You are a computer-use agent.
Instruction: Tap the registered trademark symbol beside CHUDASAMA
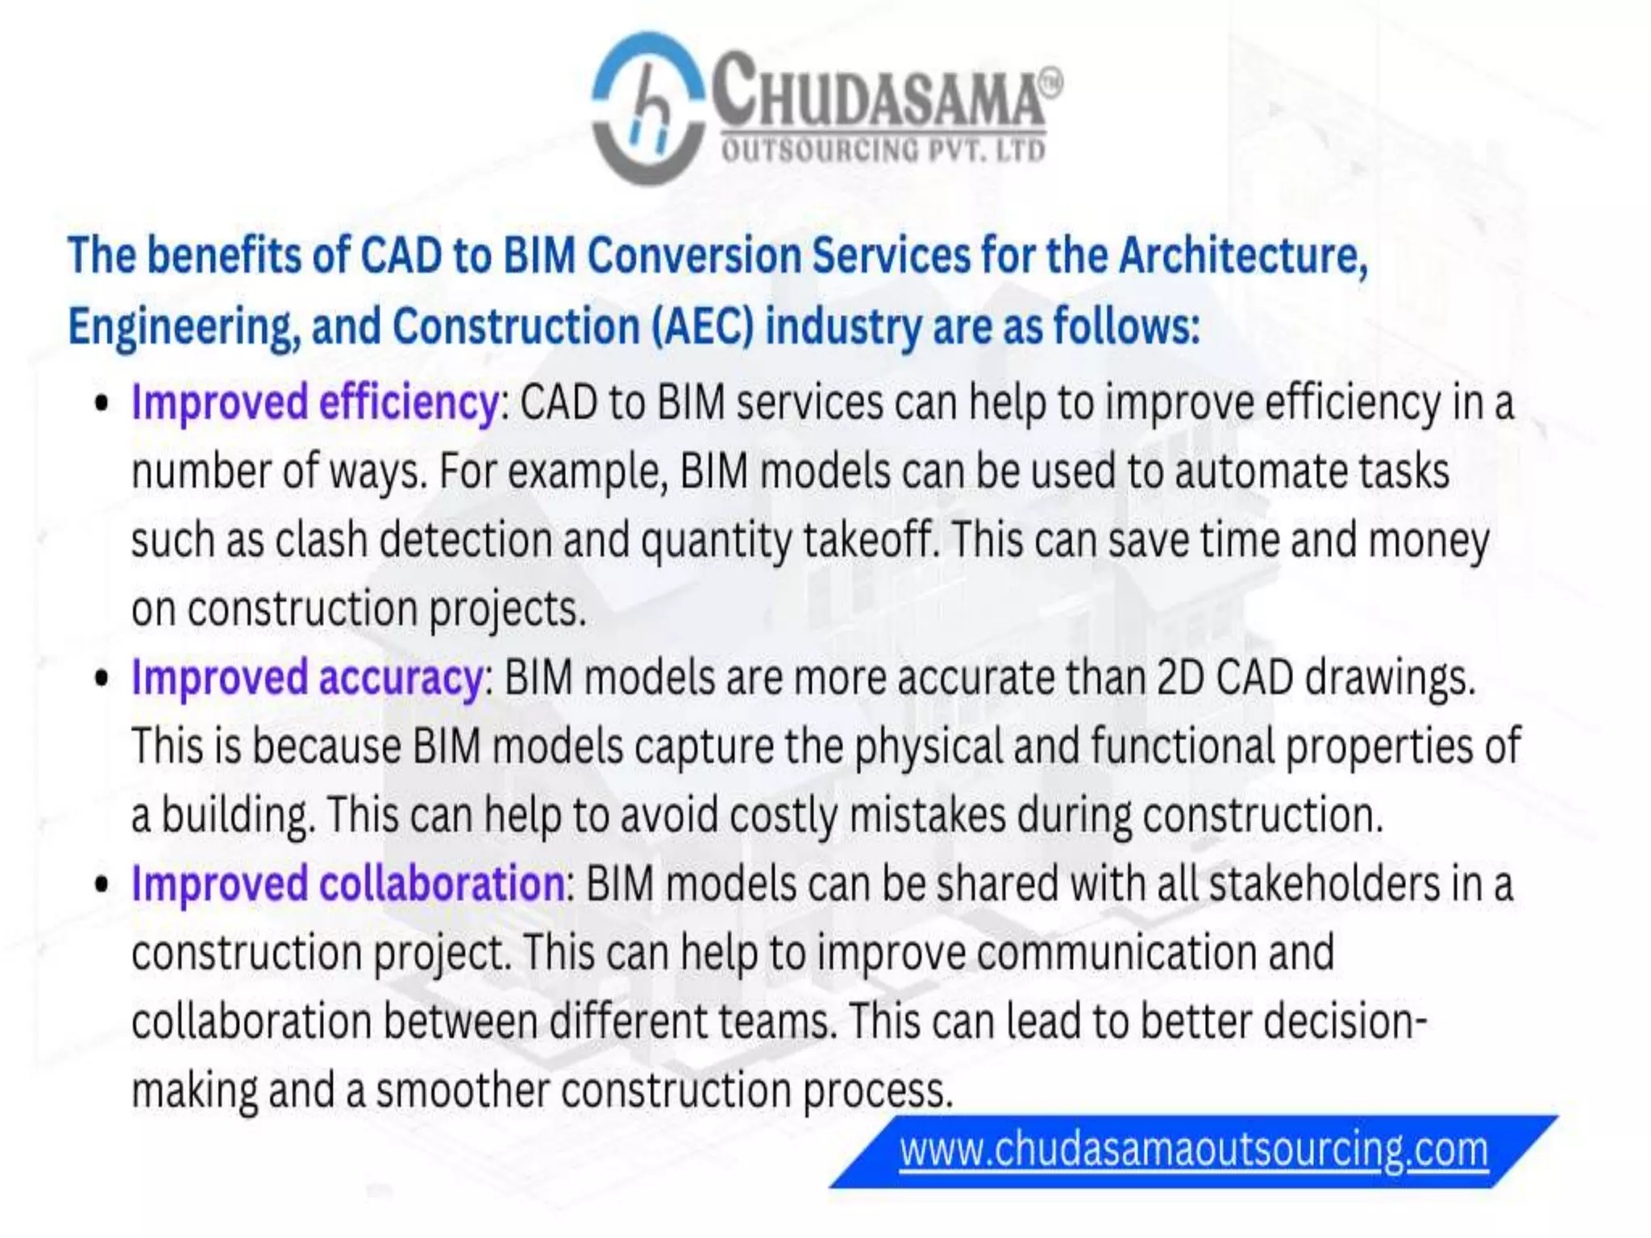pyautogui.click(x=1050, y=81)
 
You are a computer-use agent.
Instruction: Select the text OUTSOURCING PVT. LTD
pyautogui.click(x=884, y=151)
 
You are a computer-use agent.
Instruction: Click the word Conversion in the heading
pyautogui.click(x=693, y=255)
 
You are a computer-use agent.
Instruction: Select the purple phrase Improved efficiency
pyautogui.click(x=315, y=402)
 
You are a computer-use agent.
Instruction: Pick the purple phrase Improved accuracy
pyautogui.click(x=307, y=677)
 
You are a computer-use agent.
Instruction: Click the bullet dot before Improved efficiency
pyautogui.click(x=101, y=403)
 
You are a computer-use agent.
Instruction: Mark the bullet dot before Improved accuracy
pyautogui.click(x=101, y=678)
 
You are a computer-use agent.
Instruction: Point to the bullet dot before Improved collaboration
pyautogui.click(x=101, y=884)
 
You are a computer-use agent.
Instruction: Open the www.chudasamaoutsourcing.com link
pyautogui.click(x=1194, y=1149)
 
